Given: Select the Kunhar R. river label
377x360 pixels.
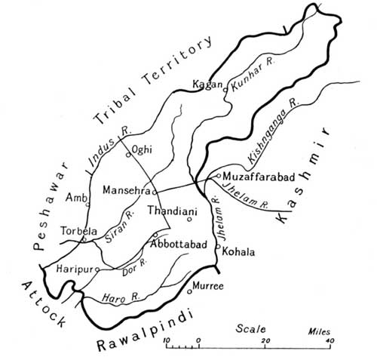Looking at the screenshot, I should [248, 84].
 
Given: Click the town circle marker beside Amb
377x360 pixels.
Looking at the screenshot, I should [88, 205].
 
